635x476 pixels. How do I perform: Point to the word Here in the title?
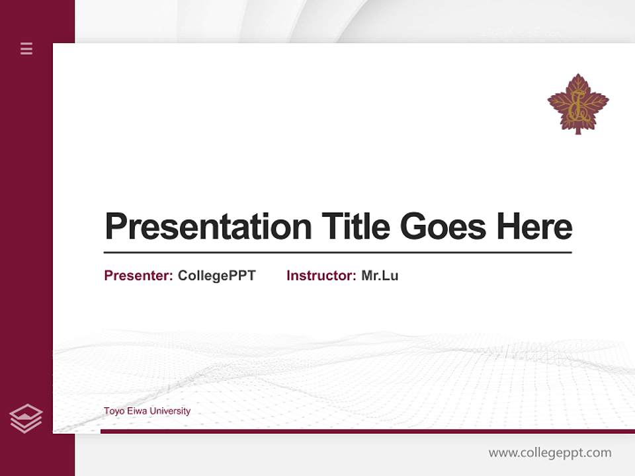point(534,227)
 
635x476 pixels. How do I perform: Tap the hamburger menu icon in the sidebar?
point(26,48)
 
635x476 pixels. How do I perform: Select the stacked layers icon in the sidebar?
point(26,418)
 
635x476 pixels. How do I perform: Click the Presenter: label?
point(138,276)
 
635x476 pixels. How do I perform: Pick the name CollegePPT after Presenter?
point(216,276)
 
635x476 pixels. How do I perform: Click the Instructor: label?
point(321,276)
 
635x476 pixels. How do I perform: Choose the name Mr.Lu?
point(380,276)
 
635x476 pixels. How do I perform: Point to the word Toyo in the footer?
point(113,411)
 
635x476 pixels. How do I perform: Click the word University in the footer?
point(169,411)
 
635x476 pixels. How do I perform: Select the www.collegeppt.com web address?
point(550,453)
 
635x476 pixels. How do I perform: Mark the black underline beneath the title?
point(337,253)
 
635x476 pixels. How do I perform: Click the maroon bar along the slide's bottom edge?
point(367,431)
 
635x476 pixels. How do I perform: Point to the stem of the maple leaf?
point(578,131)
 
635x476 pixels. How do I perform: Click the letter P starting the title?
point(114,227)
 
